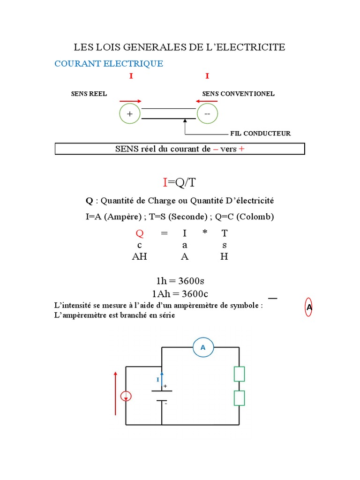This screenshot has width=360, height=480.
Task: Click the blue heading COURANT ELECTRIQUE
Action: point(109,64)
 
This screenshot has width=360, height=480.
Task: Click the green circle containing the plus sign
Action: point(130,114)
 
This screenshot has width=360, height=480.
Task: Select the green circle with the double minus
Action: point(208,114)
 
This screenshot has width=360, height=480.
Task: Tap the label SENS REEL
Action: point(89,94)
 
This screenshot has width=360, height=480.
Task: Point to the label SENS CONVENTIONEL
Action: point(238,94)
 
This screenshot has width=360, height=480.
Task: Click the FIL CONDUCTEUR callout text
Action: point(260,134)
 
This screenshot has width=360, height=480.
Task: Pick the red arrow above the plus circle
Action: point(130,101)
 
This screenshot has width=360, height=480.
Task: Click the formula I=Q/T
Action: point(180,182)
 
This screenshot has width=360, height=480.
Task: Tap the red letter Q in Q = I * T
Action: point(139,233)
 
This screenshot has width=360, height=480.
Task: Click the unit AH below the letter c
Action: point(139,257)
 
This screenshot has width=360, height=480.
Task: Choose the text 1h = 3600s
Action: point(180,281)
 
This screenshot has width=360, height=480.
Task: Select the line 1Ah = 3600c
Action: point(180,294)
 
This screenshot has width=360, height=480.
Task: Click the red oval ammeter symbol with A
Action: point(309,307)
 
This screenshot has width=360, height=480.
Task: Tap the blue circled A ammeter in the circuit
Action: point(203,347)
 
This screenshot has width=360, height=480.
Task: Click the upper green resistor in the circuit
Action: point(239,374)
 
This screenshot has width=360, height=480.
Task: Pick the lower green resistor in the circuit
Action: point(239,398)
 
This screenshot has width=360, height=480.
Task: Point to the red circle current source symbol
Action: point(126,397)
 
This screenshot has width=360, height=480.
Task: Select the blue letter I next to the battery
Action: point(158,380)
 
